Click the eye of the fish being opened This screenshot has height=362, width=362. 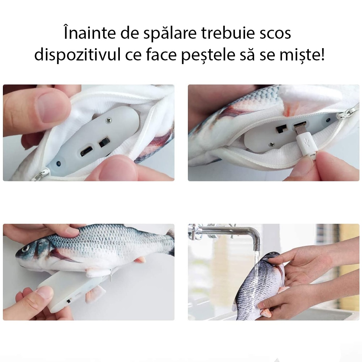26,249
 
